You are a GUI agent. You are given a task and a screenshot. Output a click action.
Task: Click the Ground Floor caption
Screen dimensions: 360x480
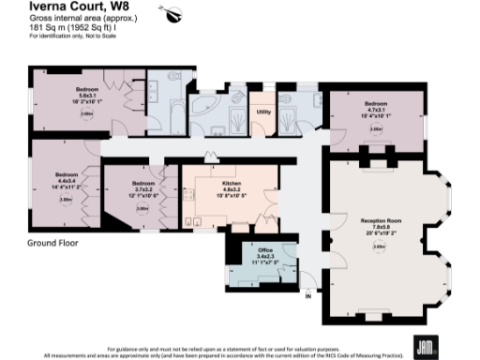52,242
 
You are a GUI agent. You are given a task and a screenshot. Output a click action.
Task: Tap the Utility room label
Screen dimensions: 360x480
263,112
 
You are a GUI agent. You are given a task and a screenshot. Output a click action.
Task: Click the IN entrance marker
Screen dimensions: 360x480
308,297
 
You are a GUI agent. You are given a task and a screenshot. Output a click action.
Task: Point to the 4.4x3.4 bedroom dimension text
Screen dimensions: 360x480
66,181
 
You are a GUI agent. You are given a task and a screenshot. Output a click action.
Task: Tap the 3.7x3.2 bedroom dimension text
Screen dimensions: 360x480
142,189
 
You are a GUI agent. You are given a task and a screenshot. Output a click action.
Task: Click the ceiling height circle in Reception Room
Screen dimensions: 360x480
379,247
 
